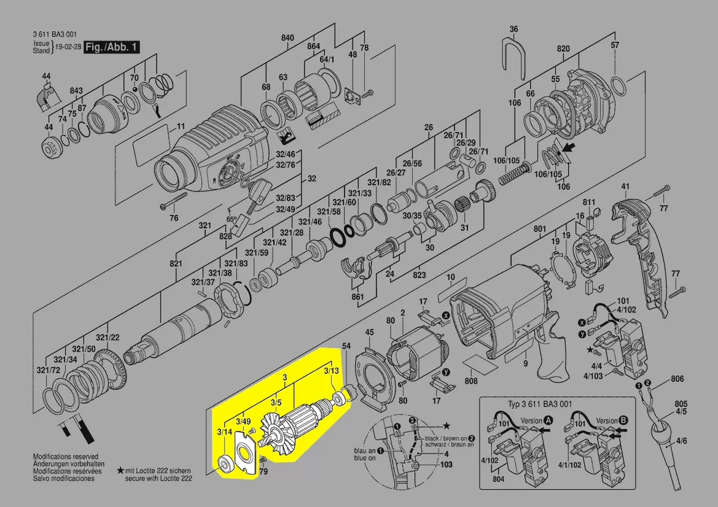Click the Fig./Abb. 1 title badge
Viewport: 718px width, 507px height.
[112, 47]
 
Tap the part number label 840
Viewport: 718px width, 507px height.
[288, 38]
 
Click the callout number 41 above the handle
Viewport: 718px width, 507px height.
[625, 187]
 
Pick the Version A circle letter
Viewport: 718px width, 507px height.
[548, 420]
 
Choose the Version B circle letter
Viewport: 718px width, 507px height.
[624, 420]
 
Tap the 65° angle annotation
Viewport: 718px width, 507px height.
[231, 219]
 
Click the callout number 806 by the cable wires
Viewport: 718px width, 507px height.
[677, 379]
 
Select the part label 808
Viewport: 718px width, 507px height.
[471, 381]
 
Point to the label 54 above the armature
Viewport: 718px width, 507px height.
[346, 347]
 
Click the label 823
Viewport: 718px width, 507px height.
[419, 275]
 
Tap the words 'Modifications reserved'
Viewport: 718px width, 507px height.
[65, 457]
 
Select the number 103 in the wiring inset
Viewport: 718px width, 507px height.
[446, 465]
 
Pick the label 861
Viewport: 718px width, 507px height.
[358, 297]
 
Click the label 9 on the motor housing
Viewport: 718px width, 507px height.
[526, 363]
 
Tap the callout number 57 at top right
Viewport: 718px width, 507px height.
[615, 45]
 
